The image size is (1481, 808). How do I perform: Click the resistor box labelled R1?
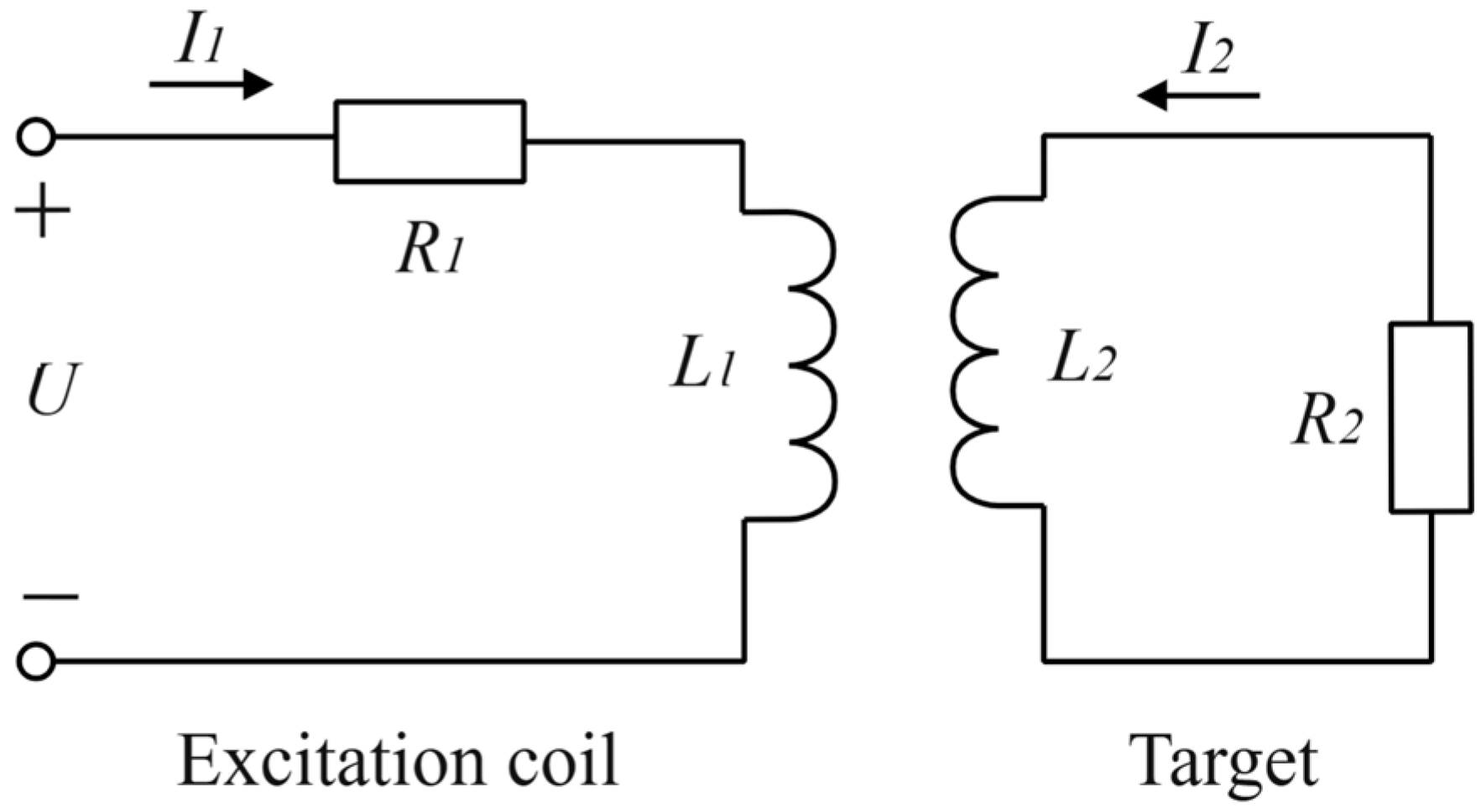(430, 141)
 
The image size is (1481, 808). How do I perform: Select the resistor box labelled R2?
(1430, 417)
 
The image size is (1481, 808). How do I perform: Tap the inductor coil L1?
(811, 366)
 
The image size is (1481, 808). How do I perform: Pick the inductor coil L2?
(975, 352)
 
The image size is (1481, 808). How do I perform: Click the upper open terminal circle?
(36, 137)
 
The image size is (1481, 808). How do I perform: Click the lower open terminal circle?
(36, 661)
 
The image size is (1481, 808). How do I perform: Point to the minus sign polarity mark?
(50, 597)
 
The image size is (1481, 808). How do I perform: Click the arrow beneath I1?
(211, 84)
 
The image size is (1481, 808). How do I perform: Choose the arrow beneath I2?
(1198, 95)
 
